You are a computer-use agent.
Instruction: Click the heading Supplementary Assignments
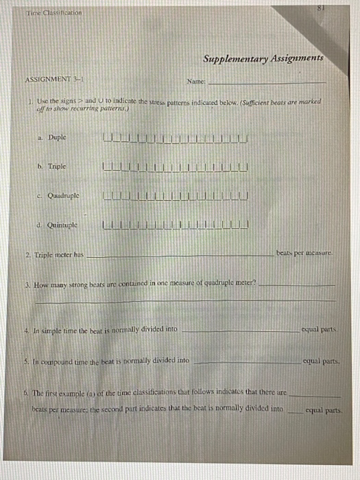click(263, 60)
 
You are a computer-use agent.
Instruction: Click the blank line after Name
click(263, 83)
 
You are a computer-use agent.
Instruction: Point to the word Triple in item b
click(57, 166)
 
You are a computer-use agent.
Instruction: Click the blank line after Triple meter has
click(178, 256)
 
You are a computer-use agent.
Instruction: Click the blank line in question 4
click(240, 331)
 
